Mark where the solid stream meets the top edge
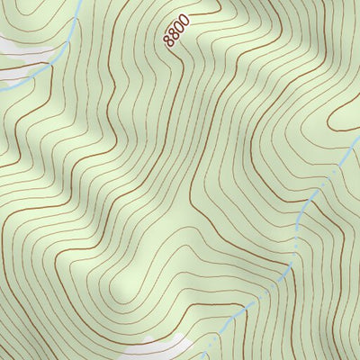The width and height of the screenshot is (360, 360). click(80, 1)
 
